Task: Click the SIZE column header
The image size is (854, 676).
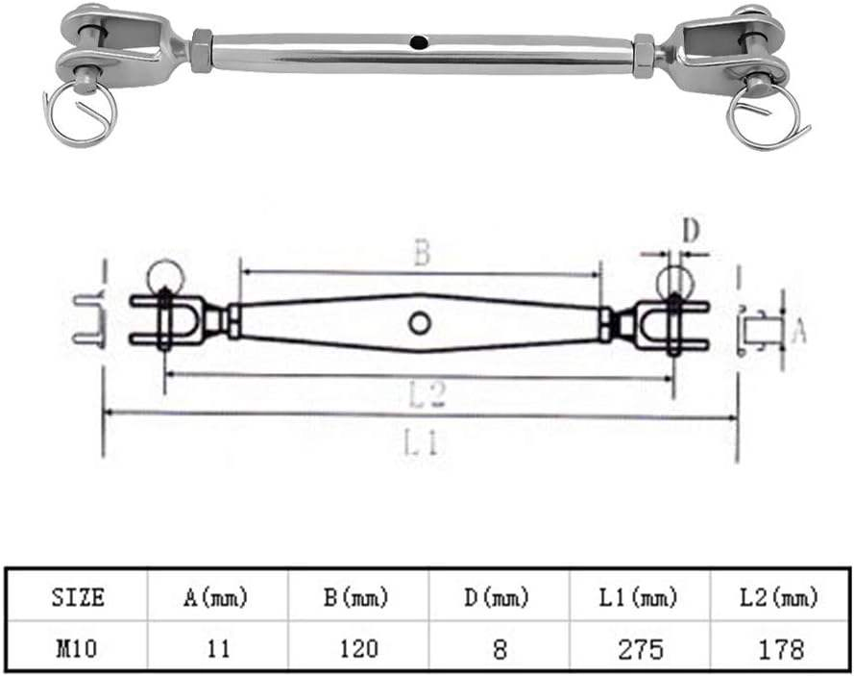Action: pos(78,597)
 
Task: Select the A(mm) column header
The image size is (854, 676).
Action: pos(216,597)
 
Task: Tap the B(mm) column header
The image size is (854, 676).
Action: pos(356,597)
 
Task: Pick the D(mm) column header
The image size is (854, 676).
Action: pos(497,597)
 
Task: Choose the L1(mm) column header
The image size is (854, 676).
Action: pos(638,597)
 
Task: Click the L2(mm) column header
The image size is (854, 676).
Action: pos(779,597)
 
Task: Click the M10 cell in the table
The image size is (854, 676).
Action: pos(77,649)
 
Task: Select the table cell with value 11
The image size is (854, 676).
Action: pos(218,649)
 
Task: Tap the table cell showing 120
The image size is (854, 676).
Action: pos(359,649)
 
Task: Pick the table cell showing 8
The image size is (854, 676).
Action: pos(500,649)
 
